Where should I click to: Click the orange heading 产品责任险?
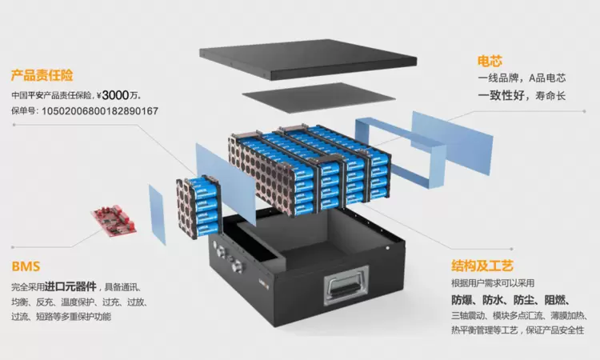pos(42,76)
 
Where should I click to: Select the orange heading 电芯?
pos(490,61)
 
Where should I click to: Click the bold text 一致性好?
pos(504,95)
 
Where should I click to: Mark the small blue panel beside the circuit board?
pos(157,214)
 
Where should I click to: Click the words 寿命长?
pos(550,96)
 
